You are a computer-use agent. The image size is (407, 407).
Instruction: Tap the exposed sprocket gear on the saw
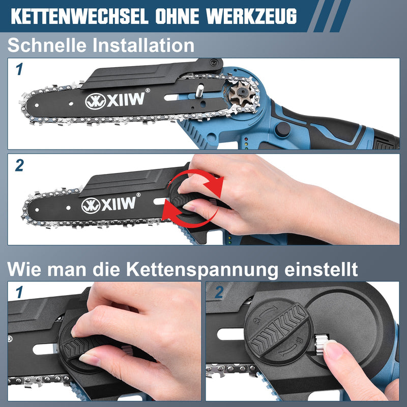point(240,95)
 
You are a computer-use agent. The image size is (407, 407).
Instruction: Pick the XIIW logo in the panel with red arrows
point(109,205)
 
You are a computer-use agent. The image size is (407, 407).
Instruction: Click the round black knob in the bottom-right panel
point(277,328)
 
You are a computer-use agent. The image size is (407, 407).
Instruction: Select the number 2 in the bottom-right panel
point(219,294)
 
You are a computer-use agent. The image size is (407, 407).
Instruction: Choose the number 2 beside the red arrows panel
point(19,165)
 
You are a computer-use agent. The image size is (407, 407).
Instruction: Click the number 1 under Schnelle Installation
point(19,69)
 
